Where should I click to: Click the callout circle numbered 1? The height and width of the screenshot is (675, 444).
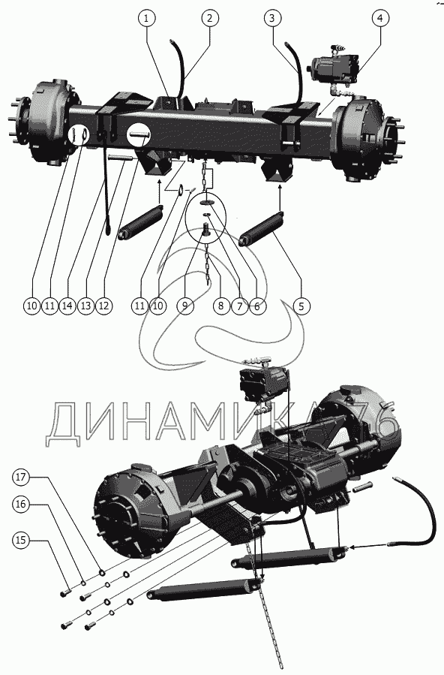tap(146, 18)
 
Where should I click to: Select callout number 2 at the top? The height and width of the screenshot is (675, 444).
tap(210, 18)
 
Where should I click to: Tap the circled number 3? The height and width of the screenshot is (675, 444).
tap(272, 18)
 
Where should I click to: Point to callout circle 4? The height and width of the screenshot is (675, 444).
tap(380, 18)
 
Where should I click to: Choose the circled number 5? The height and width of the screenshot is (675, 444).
tap(301, 306)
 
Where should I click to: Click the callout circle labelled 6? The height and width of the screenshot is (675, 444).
tap(257, 306)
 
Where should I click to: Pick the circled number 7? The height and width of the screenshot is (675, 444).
tap(239, 306)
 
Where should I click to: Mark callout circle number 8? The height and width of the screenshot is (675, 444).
tap(221, 306)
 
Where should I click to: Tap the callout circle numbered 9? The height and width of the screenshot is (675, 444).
tap(184, 306)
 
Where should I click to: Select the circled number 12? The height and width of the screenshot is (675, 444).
tap(103, 306)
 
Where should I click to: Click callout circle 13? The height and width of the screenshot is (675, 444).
tap(86, 306)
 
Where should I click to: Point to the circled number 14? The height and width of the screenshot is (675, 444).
tap(67, 306)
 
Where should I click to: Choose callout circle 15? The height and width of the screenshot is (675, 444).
tap(21, 541)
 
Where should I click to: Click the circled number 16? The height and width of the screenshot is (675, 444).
tap(21, 504)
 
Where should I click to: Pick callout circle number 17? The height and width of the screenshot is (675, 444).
tap(21, 477)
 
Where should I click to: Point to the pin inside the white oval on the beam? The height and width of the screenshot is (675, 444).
tap(139, 134)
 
